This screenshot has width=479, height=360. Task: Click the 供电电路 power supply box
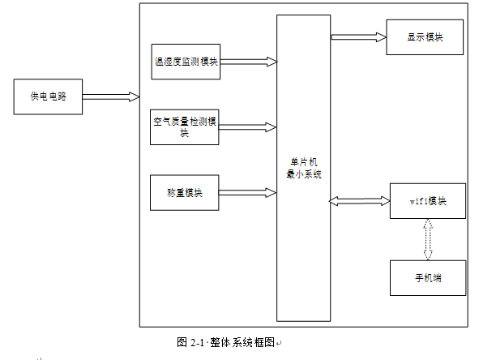(x=48, y=96)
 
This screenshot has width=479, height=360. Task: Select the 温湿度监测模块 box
(x=186, y=62)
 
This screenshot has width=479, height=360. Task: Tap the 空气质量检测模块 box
(x=185, y=126)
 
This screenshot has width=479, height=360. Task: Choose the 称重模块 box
(x=185, y=193)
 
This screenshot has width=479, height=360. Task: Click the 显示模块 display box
(x=425, y=37)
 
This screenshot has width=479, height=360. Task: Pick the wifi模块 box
(x=427, y=201)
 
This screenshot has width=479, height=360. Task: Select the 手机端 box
(x=427, y=278)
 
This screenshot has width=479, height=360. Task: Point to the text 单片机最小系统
(x=303, y=168)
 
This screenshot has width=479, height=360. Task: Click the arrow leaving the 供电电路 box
(x=110, y=96)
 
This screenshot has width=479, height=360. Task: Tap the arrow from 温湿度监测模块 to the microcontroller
(x=248, y=62)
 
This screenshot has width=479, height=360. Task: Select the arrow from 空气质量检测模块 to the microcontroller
(x=248, y=127)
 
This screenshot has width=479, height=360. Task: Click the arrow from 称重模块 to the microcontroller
(x=248, y=193)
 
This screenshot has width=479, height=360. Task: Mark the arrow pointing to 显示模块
(x=358, y=36)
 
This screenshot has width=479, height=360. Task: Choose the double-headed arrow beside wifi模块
(x=360, y=200)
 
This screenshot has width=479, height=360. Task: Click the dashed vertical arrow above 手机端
(x=428, y=240)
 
